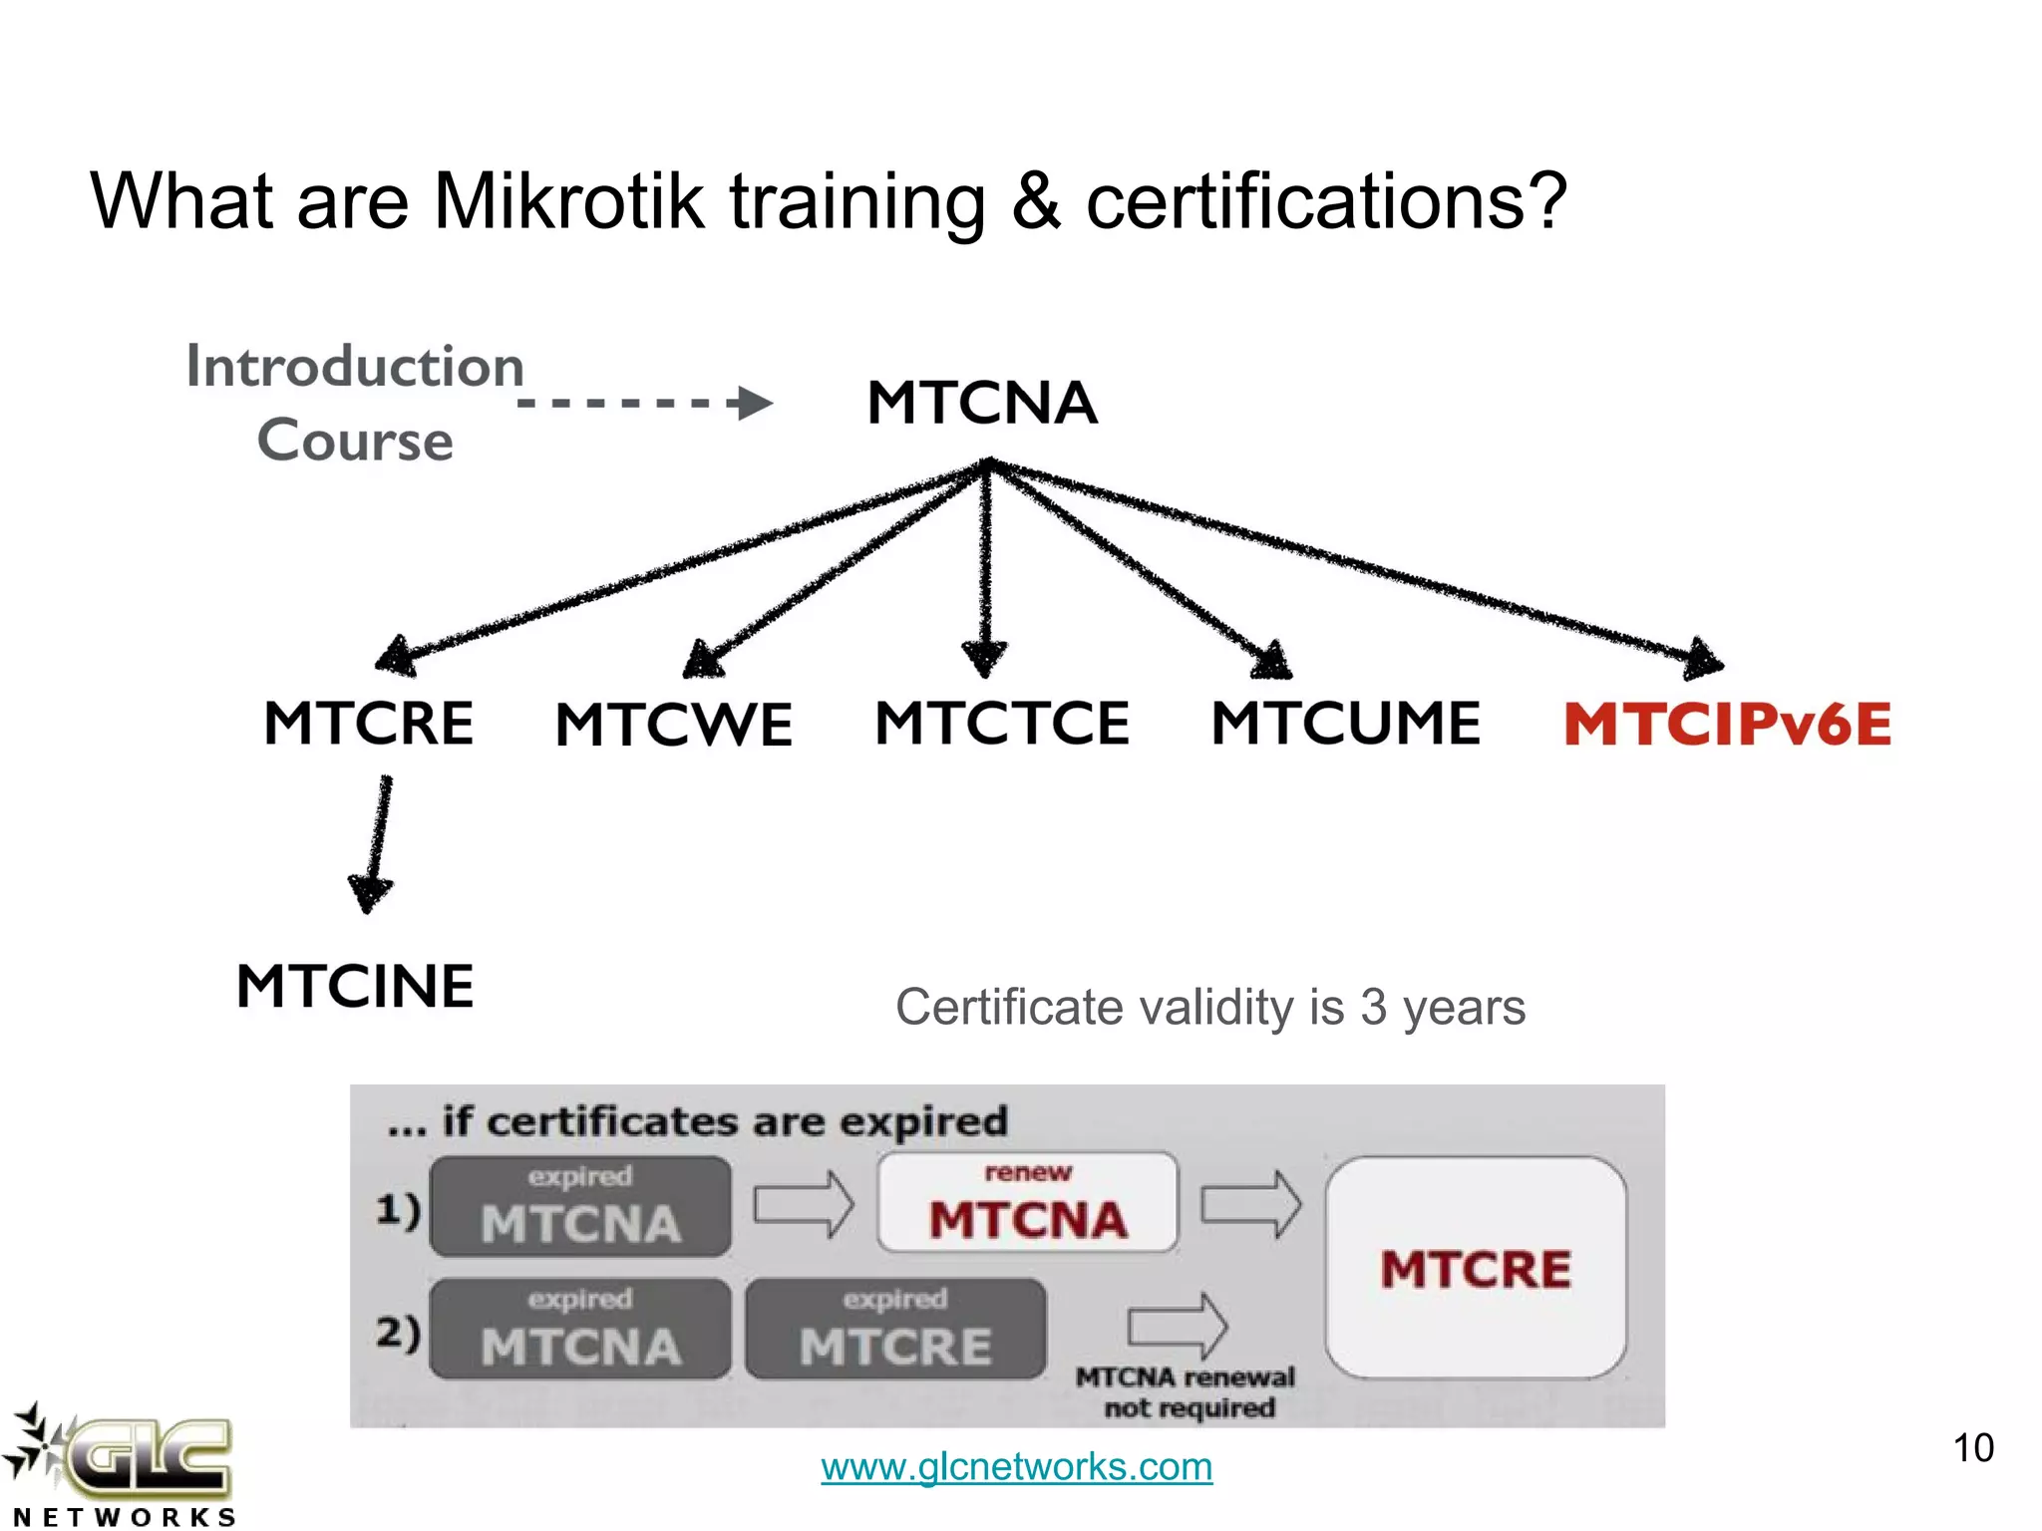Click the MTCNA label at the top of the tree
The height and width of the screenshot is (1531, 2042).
click(982, 403)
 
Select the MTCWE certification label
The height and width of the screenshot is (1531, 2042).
click(674, 724)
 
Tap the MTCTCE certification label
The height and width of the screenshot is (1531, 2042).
click(1002, 723)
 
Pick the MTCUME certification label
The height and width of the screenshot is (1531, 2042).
click(1346, 723)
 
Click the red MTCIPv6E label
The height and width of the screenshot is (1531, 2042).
click(1727, 724)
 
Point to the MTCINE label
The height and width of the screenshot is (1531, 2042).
click(355, 987)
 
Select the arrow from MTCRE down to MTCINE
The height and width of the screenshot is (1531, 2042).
click(374, 843)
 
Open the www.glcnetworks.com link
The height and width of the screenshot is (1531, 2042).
click(1016, 1466)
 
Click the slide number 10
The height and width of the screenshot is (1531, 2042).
click(1972, 1448)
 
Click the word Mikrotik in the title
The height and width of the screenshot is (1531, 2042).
click(568, 201)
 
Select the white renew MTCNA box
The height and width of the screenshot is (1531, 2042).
click(1027, 1203)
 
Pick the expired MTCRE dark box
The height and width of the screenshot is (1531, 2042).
click(895, 1329)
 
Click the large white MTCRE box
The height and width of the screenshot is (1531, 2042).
click(1476, 1268)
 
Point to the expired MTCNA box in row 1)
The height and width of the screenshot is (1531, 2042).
click(580, 1206)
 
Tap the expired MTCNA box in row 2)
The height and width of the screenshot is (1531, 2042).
click(580, 1329)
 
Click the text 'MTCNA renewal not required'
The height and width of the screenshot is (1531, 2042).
click(1187, 1392)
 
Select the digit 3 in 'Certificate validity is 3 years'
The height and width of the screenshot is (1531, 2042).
click(1373, 1008)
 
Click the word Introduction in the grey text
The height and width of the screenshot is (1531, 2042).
click(355, 366)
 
